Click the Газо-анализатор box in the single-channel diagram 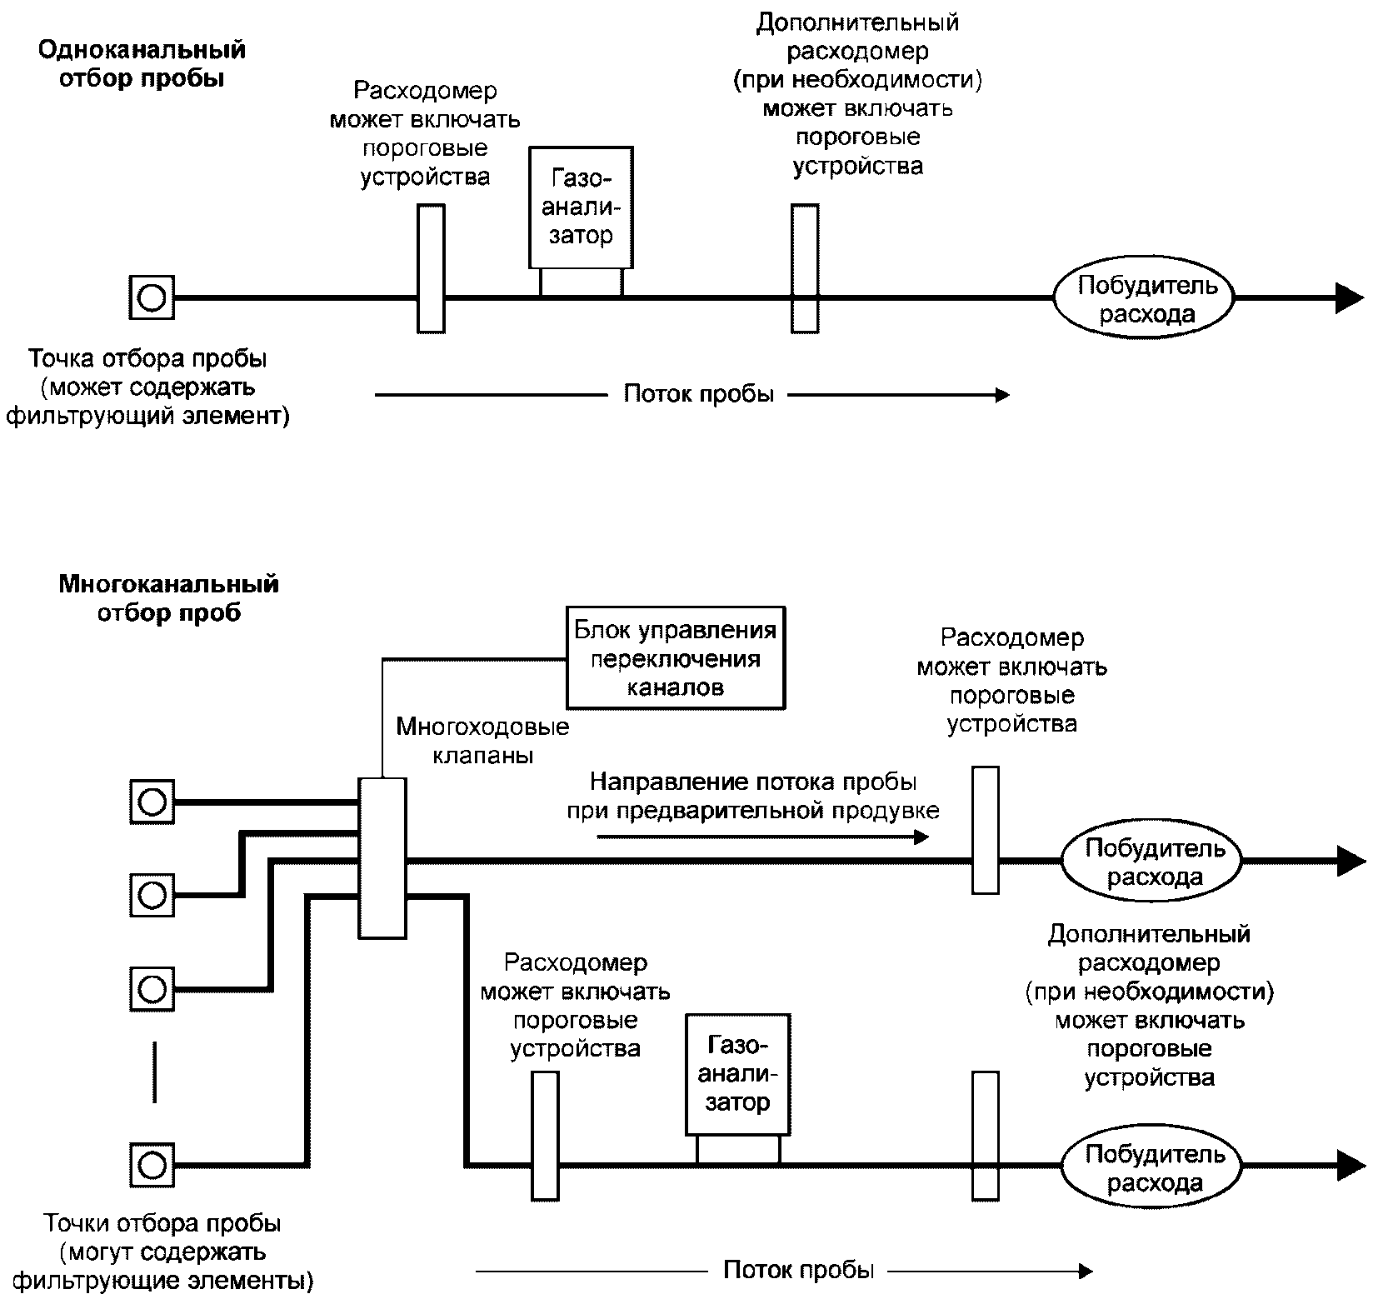(x=581, y=207)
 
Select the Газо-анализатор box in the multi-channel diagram (x=737, y=1074)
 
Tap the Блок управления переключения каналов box (x=675, y=657)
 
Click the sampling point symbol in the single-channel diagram (x=152, y=297)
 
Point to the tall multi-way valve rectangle (x=382, y=858)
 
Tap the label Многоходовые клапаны (x=482, y=741)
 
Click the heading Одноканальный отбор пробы (x=142, y=64)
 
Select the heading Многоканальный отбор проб (x=168, y=598)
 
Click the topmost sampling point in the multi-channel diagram (x=152, y=802)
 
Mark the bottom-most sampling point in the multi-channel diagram (x=152, y=1164)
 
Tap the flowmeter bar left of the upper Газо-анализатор (x=431, y=268)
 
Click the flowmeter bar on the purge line (x=986, y=830)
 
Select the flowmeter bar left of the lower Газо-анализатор (x=545, y=1135)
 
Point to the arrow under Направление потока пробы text (x=762, y=837)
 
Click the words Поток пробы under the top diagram (x=698, y=394)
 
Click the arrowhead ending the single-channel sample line (x=1348, y=297)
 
